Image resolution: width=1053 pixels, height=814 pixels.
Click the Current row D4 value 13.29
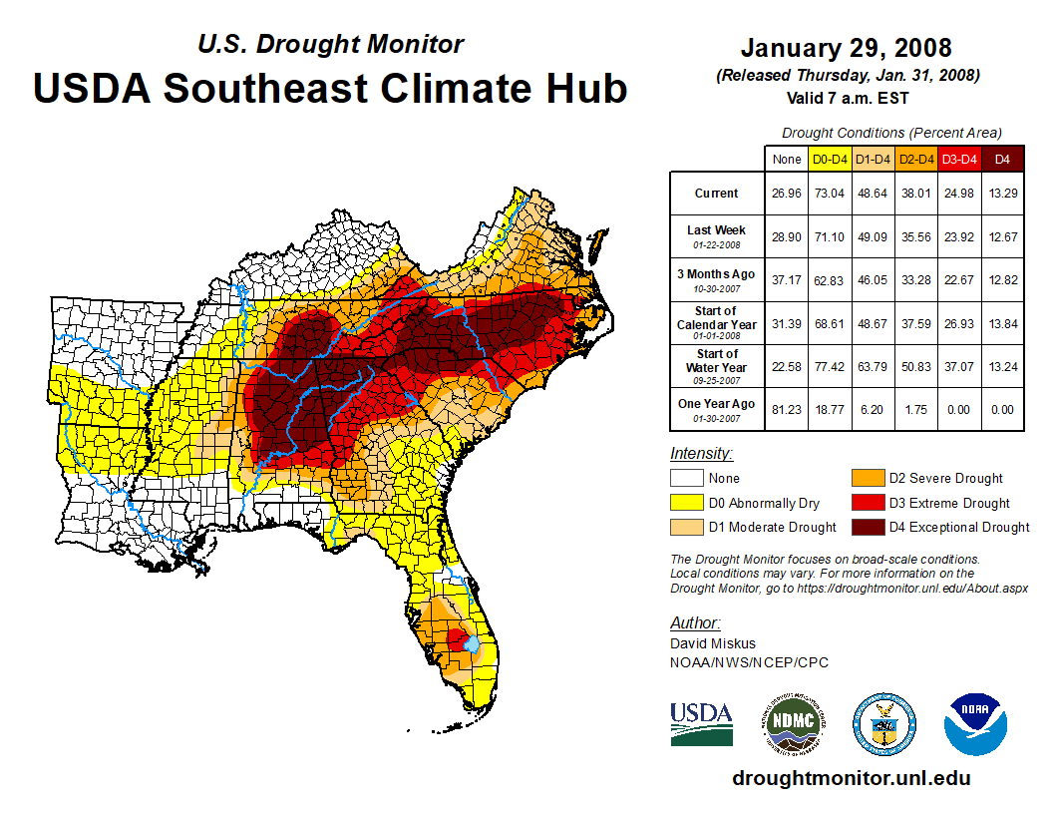1002,194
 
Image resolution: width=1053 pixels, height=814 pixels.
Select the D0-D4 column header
830,159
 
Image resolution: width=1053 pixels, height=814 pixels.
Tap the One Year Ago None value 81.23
786,409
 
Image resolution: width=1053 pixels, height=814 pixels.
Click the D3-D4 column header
959,159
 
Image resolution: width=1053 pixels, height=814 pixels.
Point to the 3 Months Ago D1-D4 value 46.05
873,280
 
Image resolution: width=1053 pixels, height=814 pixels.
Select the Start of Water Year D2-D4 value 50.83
915,366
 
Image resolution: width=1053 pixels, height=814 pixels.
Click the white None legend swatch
686,479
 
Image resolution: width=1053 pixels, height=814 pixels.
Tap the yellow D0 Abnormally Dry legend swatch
686,503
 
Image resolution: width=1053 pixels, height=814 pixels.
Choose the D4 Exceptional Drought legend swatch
867,527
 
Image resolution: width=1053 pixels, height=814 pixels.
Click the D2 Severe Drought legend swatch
867,479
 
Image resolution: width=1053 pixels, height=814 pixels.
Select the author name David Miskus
713,643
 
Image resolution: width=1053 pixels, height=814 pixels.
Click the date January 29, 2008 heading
846,48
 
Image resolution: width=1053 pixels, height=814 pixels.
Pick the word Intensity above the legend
702,454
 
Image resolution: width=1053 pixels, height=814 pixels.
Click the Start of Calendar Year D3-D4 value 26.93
959,323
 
